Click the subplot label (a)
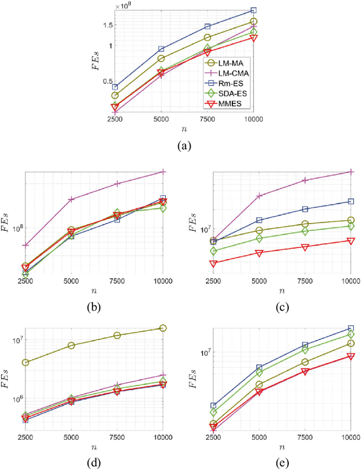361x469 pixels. click(184, 146)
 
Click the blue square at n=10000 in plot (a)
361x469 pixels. click(254, 10)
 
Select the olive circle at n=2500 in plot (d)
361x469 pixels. click(25, 362)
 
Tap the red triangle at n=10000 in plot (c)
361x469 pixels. click(351, 241)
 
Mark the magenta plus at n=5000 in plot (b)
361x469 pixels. click(71, 199)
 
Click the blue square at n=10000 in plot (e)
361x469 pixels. click(351, 328)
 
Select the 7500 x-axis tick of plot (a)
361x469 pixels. click(207, 120)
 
